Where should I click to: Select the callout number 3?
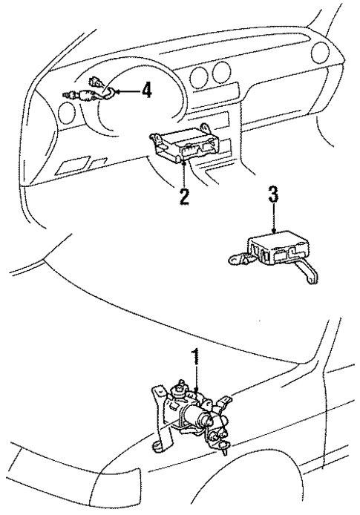pos(273,196)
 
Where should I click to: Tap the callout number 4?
pos(146,91)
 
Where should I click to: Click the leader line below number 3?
pos(273,220)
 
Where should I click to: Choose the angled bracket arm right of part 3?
pos(310,267)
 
